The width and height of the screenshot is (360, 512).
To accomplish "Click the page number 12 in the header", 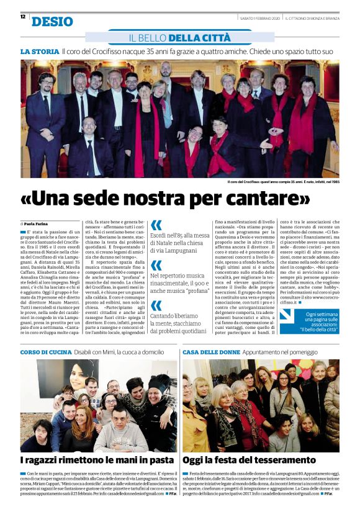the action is (23, 17).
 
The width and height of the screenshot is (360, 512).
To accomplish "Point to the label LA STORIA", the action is (39, 51).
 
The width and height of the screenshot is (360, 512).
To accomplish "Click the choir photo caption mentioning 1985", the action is (283, 181).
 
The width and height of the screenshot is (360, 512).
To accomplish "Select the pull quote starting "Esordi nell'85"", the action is (181, 243).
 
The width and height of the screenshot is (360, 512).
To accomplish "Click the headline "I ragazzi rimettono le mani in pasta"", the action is (97, 460).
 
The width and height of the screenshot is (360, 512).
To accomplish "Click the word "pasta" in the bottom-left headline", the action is (160, 460).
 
